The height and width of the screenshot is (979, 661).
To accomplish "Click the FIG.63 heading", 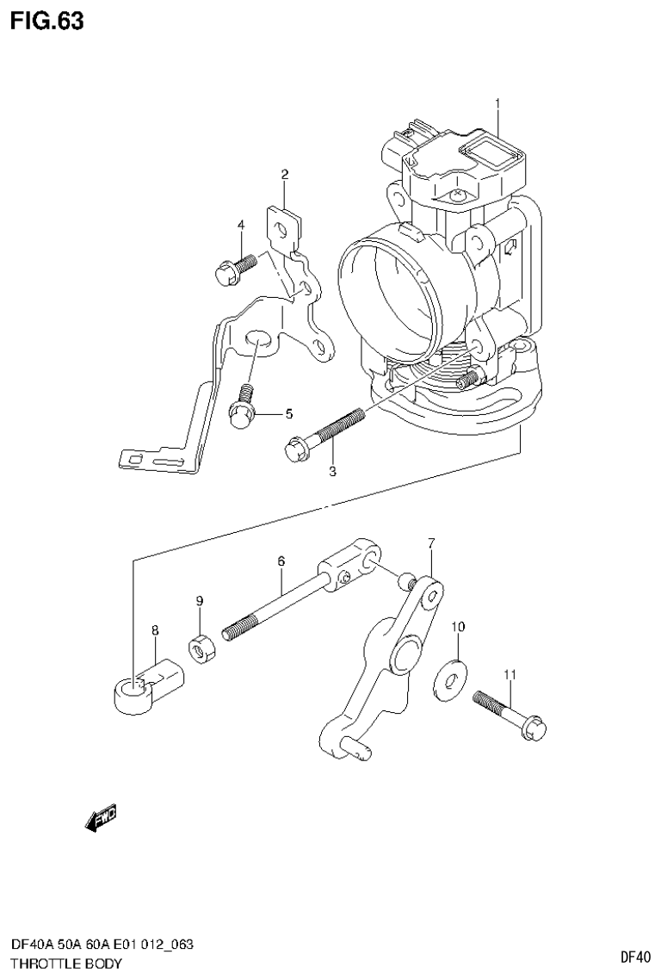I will (x=47, y=21).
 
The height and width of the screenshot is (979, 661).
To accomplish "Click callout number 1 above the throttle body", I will (x=497, y=105).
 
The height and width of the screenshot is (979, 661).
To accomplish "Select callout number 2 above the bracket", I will (x=284, y=175).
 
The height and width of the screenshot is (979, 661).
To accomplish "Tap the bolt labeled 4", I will (x=233, y=268).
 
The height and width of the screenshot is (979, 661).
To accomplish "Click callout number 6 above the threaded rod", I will (x=281, y=561).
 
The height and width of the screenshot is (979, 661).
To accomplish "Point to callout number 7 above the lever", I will (x=431, y=542).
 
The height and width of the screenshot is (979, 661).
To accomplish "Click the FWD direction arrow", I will (x=100, y=818).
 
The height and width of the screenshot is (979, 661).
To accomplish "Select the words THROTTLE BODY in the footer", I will (x=66, y=964).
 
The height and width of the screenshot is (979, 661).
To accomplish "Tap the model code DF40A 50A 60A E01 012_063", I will (x=102, y=945).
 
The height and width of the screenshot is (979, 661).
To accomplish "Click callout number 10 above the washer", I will (x=458, y=627).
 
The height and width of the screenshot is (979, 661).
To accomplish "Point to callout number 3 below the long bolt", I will (x=332, y=471).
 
